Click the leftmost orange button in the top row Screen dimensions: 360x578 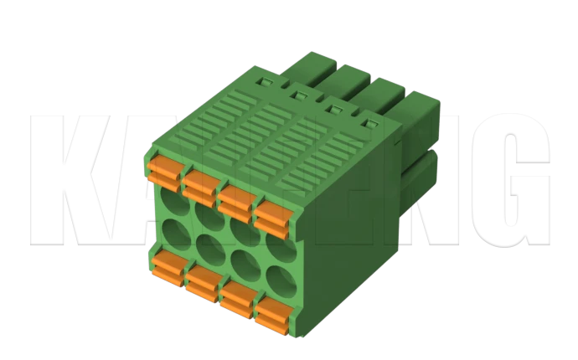[x=165, y=169]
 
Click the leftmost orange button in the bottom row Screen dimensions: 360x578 [x=168, y=268]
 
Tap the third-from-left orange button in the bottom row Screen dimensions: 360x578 [x=240, y=299]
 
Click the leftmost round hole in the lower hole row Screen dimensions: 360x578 [x=173, y=232]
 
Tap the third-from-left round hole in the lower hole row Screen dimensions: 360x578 [x=242, y=262]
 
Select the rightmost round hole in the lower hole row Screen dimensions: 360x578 [x=276, y=277]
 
